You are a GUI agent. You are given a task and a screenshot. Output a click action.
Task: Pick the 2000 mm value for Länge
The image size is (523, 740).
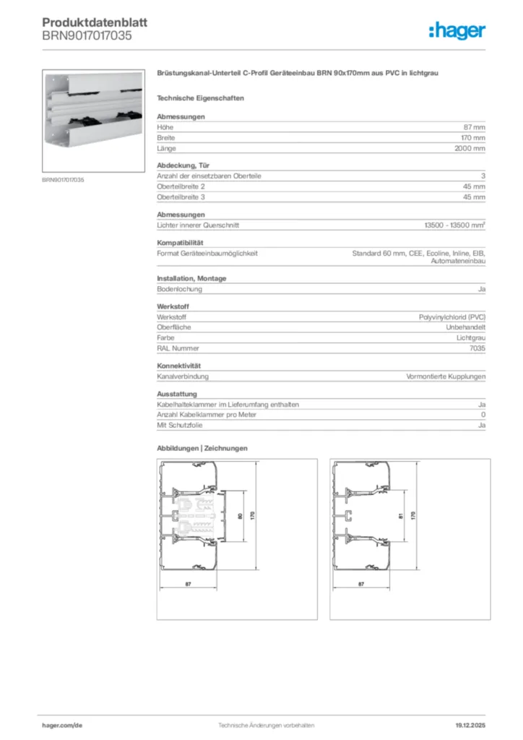click(470, 149)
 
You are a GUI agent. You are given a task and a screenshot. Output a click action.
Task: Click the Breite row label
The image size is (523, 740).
click(166, 138)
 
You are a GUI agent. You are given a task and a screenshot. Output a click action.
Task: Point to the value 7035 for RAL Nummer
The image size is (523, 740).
click(477, 348)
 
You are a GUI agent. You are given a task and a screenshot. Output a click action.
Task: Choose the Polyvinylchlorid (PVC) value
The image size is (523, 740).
click(452, 317)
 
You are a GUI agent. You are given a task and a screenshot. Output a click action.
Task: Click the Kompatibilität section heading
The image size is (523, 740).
click(181, 243)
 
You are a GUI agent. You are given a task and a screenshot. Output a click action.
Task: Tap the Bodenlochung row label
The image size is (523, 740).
click(179, 289)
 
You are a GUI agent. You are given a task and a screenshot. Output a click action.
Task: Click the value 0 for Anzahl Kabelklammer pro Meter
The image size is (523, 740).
click(483, 416)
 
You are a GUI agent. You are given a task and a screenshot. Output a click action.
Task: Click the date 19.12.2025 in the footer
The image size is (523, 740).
click(470, 724)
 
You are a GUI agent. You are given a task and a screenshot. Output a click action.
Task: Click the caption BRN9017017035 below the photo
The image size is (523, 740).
click(63, 179)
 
